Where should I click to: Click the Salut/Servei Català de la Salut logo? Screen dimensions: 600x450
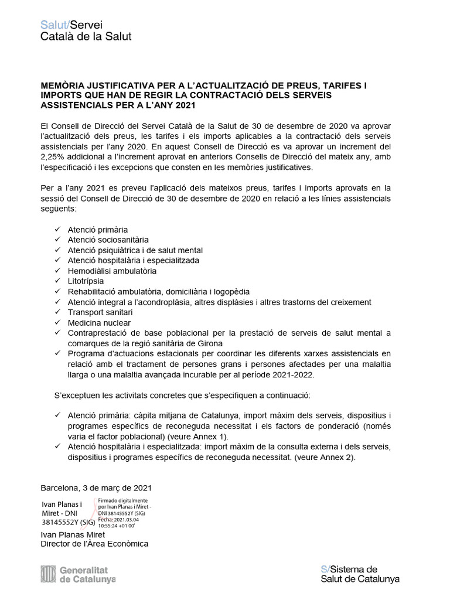pyautogui.click(x=86, y=30)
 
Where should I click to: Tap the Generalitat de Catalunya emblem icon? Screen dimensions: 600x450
pyautogui.click(x=47, y=574)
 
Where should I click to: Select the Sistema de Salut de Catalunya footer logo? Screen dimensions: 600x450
pyautogui.click(x=360, y=574)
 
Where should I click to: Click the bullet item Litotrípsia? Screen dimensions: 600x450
pyautogui.click(x=86, y=281)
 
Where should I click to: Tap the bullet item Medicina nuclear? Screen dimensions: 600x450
pyautogui.click(x=99, y=323)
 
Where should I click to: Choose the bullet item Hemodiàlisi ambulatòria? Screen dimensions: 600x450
pyautogui.click(x=112, y=271)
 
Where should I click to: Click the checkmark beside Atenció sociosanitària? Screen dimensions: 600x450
pyautogui.click(x=57, y=240)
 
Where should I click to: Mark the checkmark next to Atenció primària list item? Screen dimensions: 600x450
pyautogui.click(x=57, y=229)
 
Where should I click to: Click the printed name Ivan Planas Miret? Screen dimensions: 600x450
pyautogui.click(x=73, y=534)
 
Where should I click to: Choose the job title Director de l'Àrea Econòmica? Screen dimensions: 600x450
pyautogui.click(x=94, y=544)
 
